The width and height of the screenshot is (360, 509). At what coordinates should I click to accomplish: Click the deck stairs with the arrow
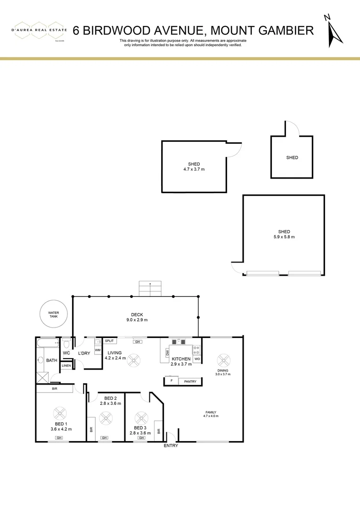150,288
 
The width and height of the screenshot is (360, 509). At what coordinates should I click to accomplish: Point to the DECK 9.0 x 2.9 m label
137,317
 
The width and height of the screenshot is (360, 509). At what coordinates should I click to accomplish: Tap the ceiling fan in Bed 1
60,413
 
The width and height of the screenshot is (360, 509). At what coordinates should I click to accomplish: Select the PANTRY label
190,381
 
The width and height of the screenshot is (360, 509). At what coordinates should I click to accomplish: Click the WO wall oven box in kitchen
197,359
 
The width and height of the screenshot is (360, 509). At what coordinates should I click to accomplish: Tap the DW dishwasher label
167,352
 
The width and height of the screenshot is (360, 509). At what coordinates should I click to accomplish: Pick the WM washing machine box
98,350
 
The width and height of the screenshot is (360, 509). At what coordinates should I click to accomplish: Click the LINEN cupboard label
66,366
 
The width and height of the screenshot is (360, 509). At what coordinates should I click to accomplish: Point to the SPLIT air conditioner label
109,341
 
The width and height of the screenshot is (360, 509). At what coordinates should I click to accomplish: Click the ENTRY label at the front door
171,446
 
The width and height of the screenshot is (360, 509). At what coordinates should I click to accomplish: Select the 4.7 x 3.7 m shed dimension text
194,169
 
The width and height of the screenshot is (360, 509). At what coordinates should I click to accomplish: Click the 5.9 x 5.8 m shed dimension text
284,237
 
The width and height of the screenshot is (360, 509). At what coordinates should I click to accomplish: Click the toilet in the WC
66,343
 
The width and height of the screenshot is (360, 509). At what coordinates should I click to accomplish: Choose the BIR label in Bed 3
159,430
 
